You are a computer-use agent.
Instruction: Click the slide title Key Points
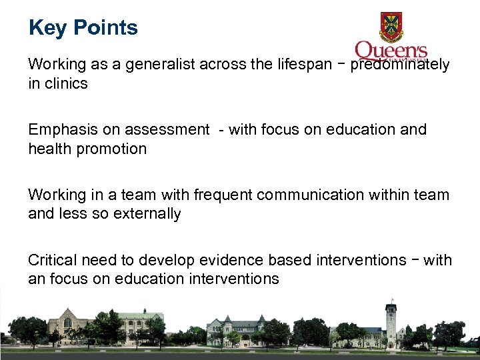(x=83, y=28)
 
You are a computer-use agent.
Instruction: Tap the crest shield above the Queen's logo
(x=391, y=27)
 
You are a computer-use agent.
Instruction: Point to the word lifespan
(x=303, y=65)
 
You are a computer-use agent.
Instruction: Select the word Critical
(x=52, y=260)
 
